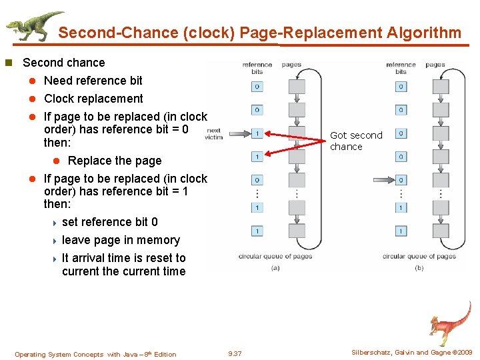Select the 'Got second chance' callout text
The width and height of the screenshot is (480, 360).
(355, 141)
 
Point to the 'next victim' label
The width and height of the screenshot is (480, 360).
(214, 133)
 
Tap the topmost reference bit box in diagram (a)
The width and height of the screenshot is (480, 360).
(257, 87)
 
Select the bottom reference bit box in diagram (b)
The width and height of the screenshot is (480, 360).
(401, 231)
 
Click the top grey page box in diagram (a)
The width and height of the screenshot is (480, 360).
(296, 87)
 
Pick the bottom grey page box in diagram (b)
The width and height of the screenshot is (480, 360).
(440, 231)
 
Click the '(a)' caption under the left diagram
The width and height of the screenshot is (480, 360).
(275, 268)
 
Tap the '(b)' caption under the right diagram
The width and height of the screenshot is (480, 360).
(419, 268)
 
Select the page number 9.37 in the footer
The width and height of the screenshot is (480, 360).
(235, 354)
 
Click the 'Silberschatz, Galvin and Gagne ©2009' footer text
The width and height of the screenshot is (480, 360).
(411, 353)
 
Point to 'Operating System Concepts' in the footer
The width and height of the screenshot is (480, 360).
(59, 354)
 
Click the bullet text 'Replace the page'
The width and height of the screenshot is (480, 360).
(114, 161)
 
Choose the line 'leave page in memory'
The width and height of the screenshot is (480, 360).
(121, 240)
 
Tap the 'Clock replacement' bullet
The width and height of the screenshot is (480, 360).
(93, 99)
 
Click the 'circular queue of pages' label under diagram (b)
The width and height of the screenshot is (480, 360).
(419, 256)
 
